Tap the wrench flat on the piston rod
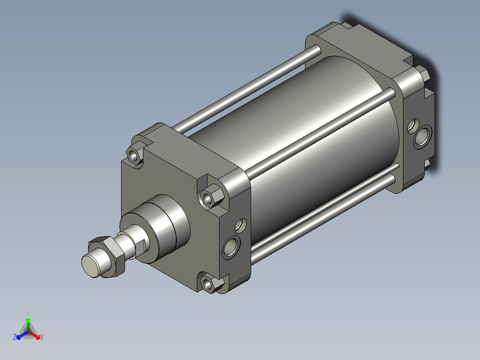[141, 248]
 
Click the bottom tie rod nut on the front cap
[211, 283]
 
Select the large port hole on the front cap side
[231, 247]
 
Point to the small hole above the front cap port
[240, 225]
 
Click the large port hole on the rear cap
[423, 137]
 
